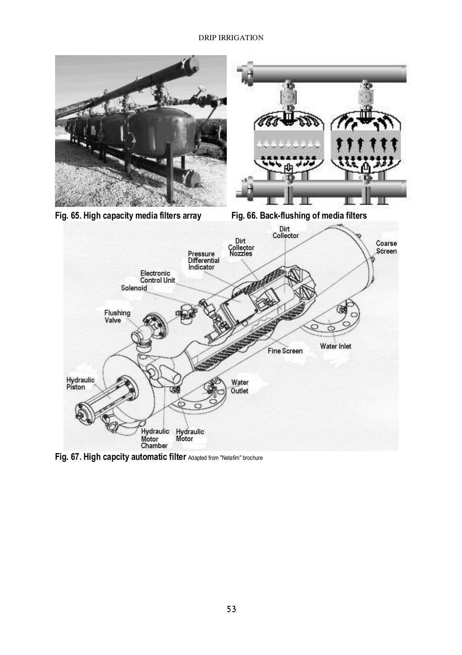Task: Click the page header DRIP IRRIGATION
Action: [x=231, y=38]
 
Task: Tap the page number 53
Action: [x=231, y=609]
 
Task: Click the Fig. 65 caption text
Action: [x=128, y=215]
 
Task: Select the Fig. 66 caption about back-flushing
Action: [x=299, y=215]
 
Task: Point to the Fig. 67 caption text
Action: [x=120, y=458]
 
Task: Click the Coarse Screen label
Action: [x=386, y=247]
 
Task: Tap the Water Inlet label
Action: [x=335, y=346]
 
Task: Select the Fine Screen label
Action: [x=285, y=351]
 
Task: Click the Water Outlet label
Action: [x=240, y=387]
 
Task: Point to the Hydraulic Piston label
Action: [x=80, y=384]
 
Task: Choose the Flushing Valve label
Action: [x=117, y=316]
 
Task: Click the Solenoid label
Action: [x=134, y=288]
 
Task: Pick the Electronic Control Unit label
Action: [x=157, y=276]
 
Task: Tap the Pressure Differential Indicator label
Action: [x=203, y=261]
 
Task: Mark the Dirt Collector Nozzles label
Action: [x=241, y=247]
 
